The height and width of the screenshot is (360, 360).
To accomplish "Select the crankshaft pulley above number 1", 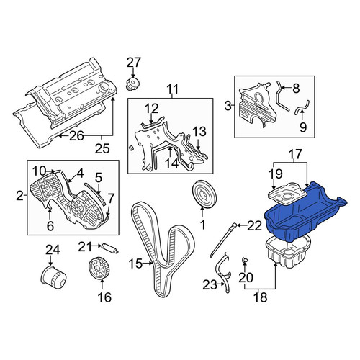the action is click(x=204, y=194).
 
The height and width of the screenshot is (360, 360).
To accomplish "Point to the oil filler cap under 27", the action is click(x=133, y=84).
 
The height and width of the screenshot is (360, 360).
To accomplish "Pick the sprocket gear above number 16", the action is click(x=99, y=269).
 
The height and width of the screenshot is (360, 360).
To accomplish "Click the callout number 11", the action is click(x=173, y=89).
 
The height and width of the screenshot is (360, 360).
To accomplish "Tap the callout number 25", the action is click(x=102, y=149).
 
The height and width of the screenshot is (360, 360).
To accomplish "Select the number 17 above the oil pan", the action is click(x=295, y=155).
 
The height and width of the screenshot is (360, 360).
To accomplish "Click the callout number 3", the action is click(x=228, y=106).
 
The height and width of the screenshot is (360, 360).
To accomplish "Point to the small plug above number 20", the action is click(x=245, y=260).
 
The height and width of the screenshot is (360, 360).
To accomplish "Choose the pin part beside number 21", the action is click(x=110, y=248).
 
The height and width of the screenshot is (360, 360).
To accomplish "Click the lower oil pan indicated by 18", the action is click(x=288, y=252).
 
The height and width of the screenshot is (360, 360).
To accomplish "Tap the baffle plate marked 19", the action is click(x=287, y=194).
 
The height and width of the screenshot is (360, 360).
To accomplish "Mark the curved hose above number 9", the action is click(x=302, y=107).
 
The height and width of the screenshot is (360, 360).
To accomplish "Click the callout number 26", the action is click(x=76, y=136).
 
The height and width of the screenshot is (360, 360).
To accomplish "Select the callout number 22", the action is click(x=254, y=225).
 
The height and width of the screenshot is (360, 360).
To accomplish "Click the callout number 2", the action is click(x=19, y=196).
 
